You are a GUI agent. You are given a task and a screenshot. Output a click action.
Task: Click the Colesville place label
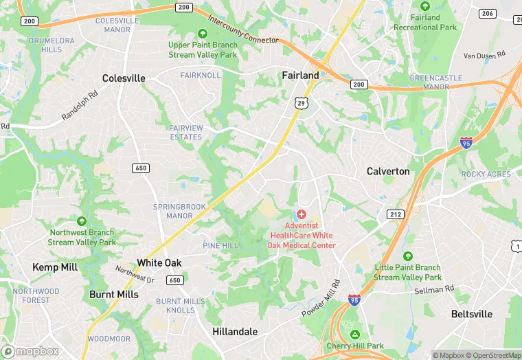124,78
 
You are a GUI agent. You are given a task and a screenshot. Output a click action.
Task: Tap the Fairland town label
300,75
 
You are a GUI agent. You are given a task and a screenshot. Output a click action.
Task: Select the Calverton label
388,171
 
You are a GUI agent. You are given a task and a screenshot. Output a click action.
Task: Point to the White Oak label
159,262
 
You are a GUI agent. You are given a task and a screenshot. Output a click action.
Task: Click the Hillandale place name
235,331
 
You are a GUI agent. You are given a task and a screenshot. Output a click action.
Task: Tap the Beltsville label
472,314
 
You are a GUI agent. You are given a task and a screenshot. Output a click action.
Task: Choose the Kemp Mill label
55,267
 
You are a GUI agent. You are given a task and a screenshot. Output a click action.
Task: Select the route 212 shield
395,214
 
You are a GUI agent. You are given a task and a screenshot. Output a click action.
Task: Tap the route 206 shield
487,14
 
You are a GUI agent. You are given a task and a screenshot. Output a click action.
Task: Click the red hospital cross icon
302,215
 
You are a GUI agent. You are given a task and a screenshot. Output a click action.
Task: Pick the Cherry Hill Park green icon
355,334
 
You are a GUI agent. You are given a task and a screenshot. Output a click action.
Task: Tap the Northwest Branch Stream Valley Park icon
82,221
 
